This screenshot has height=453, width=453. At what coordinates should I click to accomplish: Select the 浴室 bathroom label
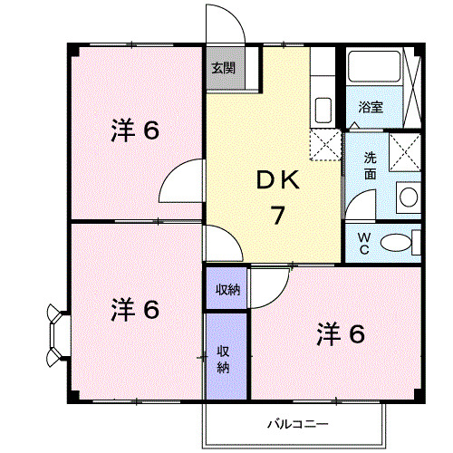pyautogui.click(x=370, y=107)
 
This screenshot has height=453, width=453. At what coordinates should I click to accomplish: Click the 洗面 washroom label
pyautogui.click(x=371, y=165)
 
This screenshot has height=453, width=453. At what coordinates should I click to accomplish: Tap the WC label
pyautogui.click(x=363, y=242)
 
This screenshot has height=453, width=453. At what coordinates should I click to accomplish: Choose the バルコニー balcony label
pyautogui.click(x=297, y=423)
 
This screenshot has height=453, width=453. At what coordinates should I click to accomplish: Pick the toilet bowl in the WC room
pyautogui.click(x=396, y=242)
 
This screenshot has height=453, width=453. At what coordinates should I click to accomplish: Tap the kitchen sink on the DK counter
pyautogui.click(x=323, y=110)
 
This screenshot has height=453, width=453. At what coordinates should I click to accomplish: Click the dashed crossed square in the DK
pyautogui.click(x=323, y=145)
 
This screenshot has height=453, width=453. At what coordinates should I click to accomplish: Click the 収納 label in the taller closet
pyautogui.click(x=223, y=359)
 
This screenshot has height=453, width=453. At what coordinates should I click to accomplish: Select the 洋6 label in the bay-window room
pyautogui.click(x=135, y=310)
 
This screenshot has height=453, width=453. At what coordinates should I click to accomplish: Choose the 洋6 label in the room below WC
pyautogui.click(x=341, y=334)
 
